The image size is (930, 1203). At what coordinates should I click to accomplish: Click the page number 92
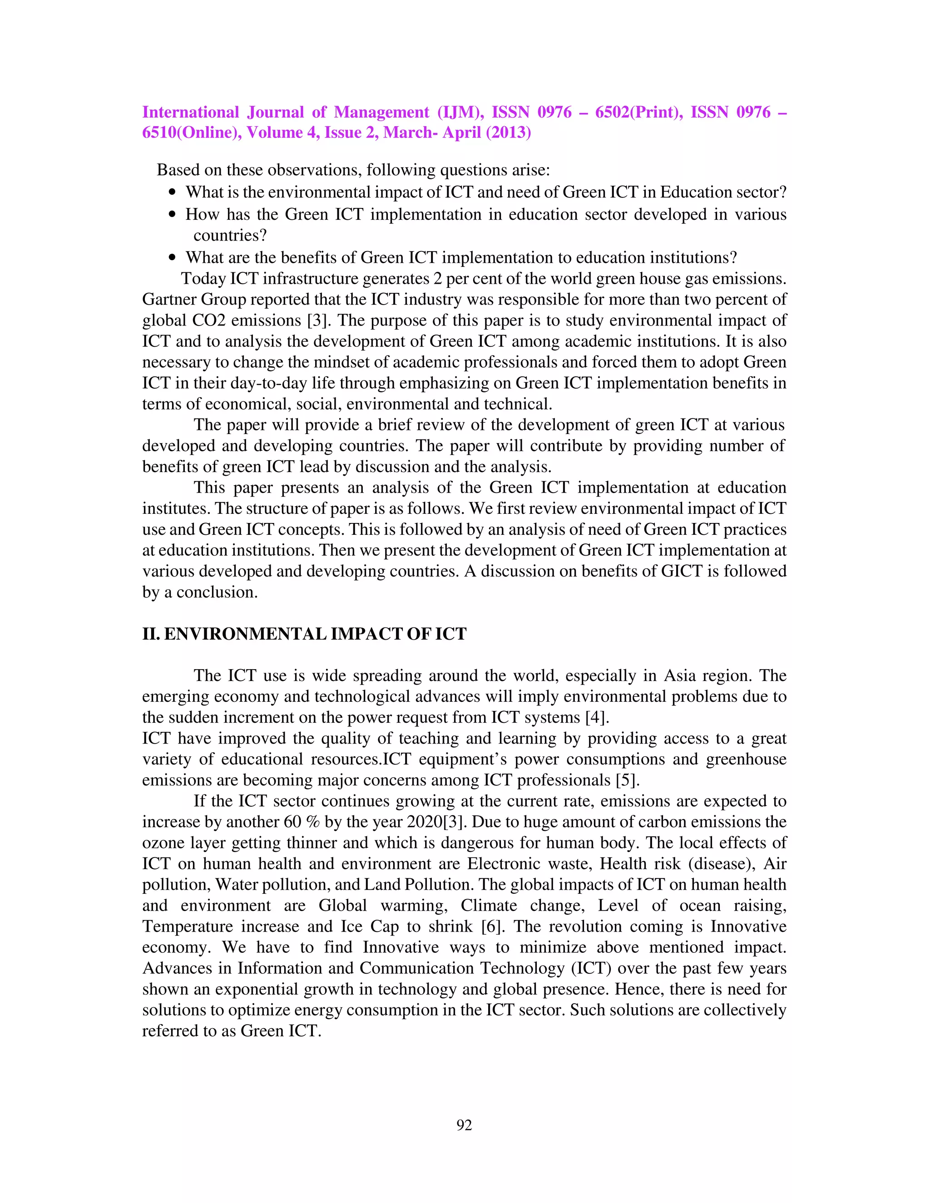(464, 1125)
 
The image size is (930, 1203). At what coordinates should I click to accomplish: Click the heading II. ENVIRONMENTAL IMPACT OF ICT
(304, 634)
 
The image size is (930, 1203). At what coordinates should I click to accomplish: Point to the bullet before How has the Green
(173, 215)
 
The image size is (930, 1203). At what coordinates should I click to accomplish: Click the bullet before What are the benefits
(173, 258)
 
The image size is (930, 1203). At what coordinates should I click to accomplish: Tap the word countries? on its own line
(230, 236)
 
